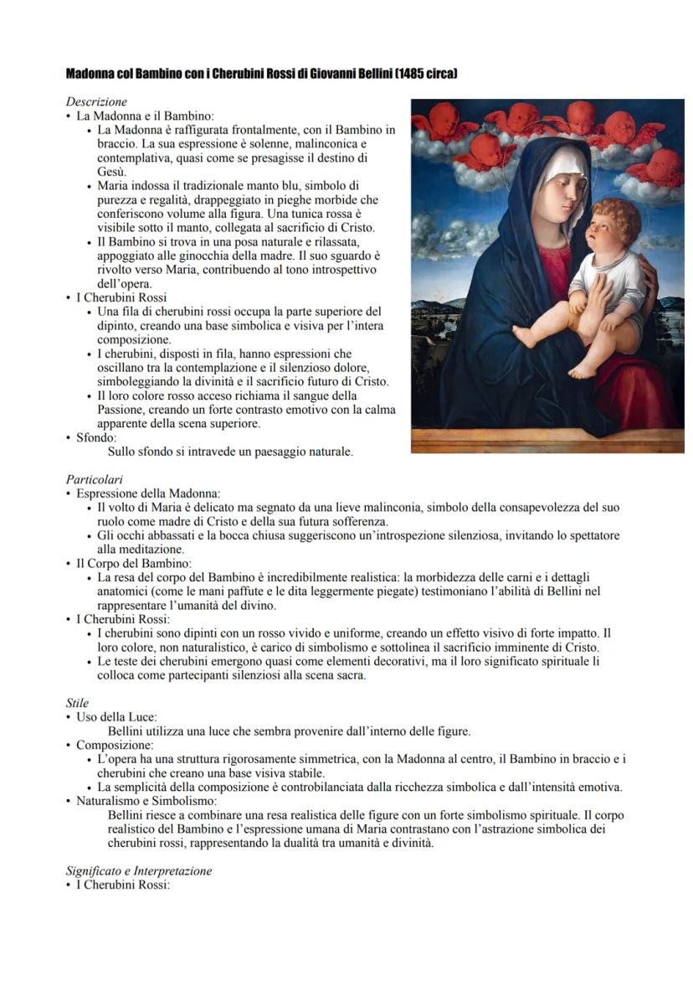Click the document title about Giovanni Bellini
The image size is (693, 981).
coord(261,75)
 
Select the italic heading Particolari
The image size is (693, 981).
coord(95,480)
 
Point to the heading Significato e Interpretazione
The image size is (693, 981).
coord(139,871)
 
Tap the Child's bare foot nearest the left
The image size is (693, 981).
coord(526,337)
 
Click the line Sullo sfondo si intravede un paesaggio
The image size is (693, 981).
coord(230,452)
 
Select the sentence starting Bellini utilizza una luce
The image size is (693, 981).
coord(289,731)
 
